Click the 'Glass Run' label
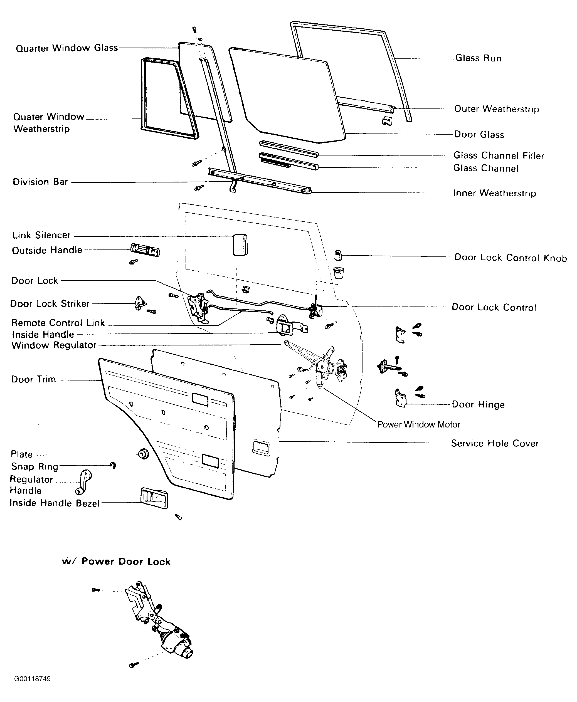click(x=478, y=58)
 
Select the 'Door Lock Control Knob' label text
click(x=510, y=258)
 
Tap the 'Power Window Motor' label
click(x=418, y=425)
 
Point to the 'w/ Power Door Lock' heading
click(x=116, y=562)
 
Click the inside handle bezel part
click(x=154, y=498)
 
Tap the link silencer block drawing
click(x=240, y=244)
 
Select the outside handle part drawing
click(x=145, y=250)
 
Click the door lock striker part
click(x=140, y=303)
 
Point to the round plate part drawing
click(x=144, y=454)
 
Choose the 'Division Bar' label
click(x=40, y=182)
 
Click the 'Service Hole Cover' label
click(x=494, y=444)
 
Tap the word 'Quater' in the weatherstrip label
click(x=28, y=117)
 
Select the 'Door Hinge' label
click(x=478, y=405)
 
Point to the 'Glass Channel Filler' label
click(x=499, y=155)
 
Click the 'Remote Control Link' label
click(x=58, y=323)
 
